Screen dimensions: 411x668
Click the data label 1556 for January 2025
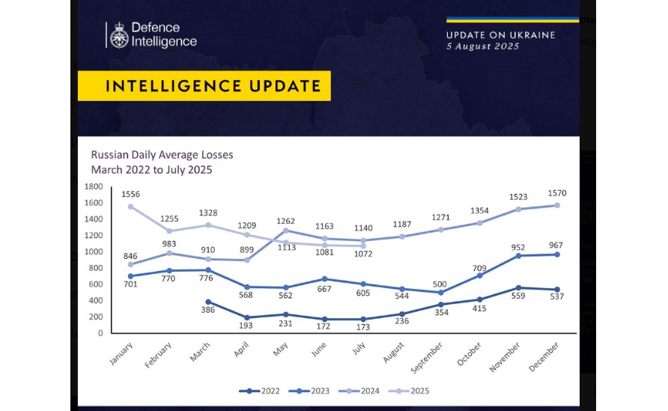pos(130,193)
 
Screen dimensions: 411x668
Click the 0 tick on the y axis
pos(100,333)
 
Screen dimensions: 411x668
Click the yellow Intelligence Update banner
pos(204,86)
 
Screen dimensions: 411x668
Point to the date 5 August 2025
pos(482,46)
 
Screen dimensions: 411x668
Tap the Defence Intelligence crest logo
pos(118,35)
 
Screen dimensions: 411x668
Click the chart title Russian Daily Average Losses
pos(162,155)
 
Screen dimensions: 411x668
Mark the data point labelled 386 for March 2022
pos(208,302)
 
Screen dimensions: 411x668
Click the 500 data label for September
pos(439,284)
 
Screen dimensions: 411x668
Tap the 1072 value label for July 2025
pos(364,255)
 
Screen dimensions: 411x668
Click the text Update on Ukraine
pos(500,35)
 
